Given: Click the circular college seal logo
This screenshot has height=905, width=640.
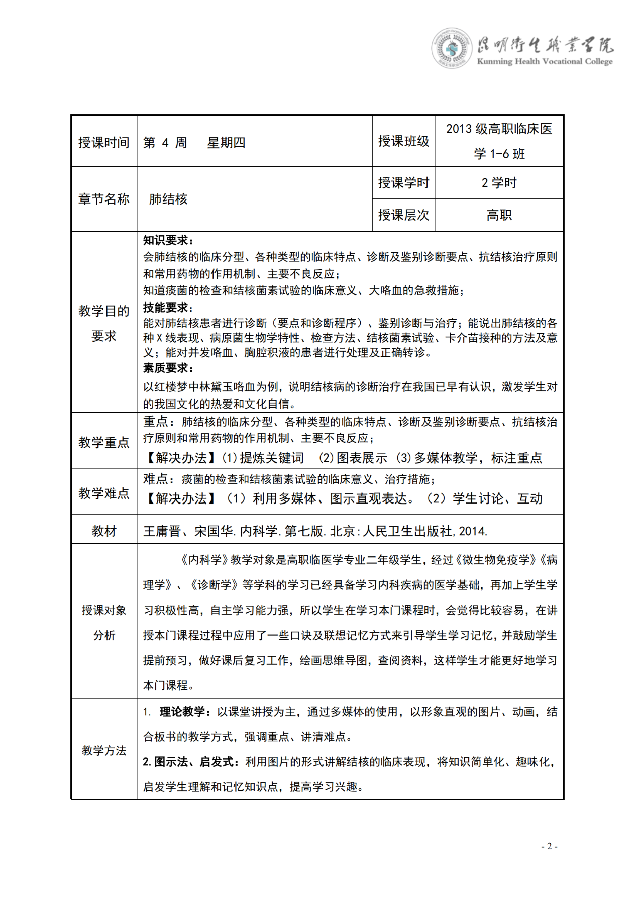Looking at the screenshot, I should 451,48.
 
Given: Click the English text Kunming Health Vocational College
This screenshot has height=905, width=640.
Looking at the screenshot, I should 545,62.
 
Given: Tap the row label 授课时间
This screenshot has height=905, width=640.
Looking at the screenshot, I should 104,143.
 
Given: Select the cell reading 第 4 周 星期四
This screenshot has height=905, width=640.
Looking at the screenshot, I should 194,143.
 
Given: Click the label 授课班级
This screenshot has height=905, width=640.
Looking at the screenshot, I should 403,141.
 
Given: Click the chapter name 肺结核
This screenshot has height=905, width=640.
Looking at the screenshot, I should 168,199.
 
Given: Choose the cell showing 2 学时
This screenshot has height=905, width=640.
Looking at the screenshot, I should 499,183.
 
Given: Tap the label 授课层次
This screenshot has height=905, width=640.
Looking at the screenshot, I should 403,215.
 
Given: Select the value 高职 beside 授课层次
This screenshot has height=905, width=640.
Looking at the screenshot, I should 499,215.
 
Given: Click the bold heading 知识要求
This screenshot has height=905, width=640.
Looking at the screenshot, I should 168,241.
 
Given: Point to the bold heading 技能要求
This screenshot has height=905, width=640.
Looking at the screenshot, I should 168,308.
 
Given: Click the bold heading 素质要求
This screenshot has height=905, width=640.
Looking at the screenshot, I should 168,368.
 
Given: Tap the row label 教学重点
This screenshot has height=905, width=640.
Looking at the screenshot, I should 104,442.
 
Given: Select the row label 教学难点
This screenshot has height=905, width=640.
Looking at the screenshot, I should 104,493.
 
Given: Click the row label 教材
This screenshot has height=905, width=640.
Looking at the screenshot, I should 104,531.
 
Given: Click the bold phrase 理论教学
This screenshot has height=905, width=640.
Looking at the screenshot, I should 182,712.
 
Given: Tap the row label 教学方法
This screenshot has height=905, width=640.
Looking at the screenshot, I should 104,751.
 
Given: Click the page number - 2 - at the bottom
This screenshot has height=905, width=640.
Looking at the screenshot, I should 549,846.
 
